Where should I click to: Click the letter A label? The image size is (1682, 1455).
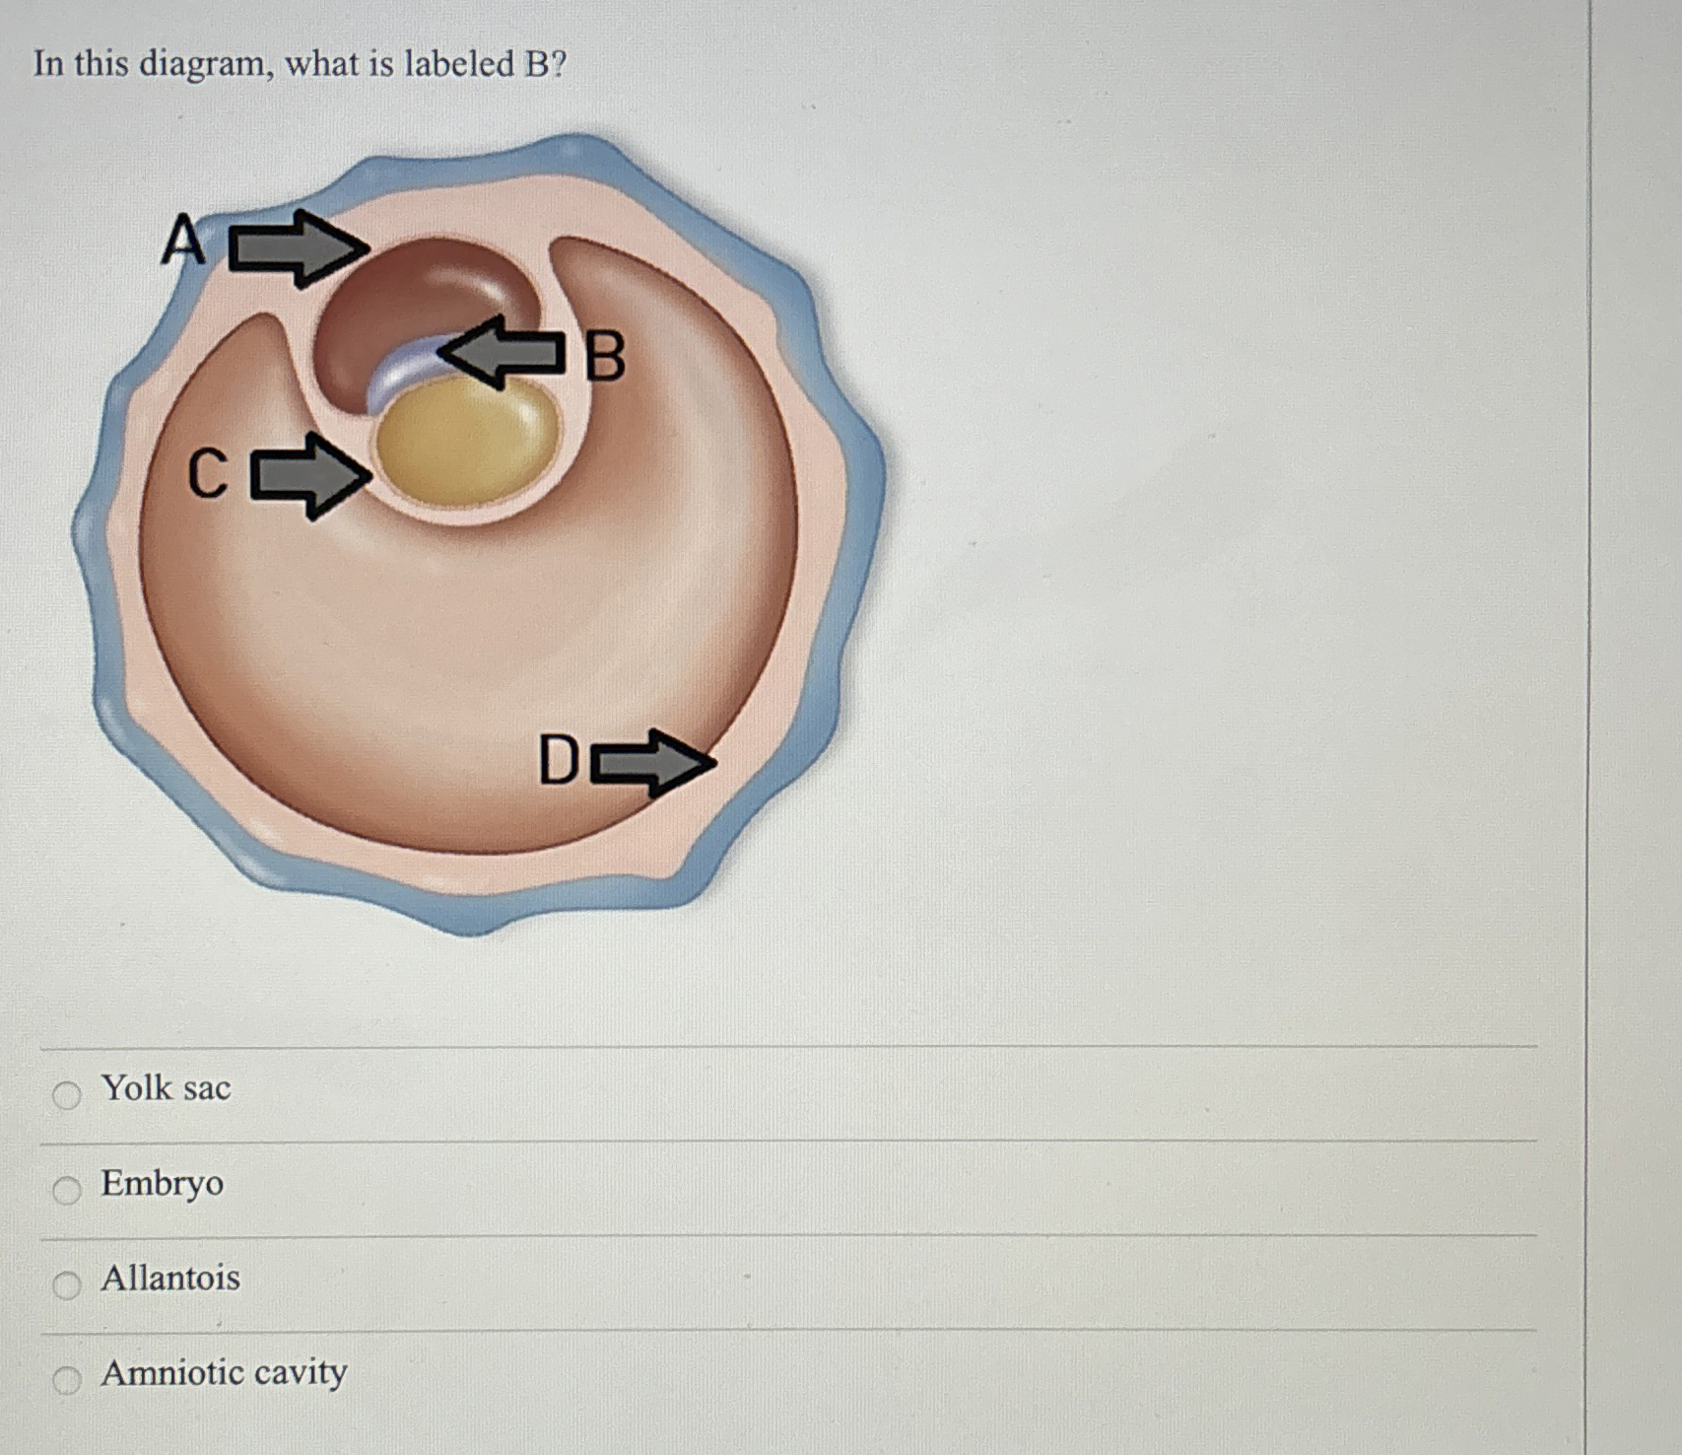pos(183,242)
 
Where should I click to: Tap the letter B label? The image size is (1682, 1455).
pos(604,357)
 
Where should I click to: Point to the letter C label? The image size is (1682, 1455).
pos(208,474)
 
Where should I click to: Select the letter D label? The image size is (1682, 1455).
pos(559,760)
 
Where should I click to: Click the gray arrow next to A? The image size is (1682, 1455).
pos(298,247)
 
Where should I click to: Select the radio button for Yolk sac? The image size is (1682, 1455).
pos(66,1094)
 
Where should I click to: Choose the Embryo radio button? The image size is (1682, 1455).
pos(66,1190)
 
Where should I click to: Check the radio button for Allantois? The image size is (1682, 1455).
pos(66,1284)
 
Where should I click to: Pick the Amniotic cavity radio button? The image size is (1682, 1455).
pos(66,1380)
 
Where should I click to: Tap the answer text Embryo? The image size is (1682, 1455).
pos(163,1183)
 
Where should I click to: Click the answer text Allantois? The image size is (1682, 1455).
pos(170,1279)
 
